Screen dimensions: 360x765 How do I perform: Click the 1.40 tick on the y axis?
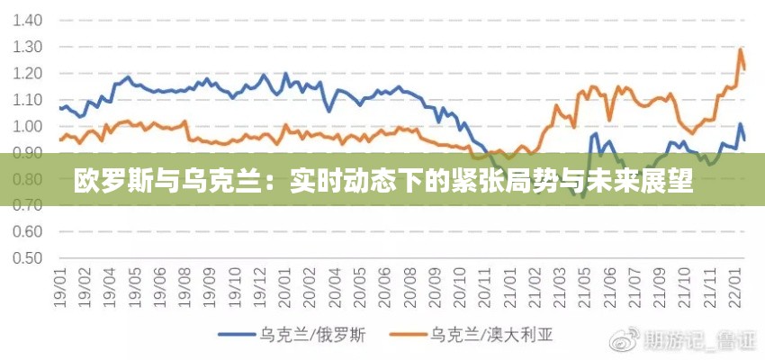[x=26, y=20]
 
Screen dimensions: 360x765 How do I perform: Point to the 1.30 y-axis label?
[x=26, y=47]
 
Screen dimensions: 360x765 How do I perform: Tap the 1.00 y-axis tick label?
[x=26, y=126]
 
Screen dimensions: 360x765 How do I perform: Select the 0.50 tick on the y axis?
[x=26, y=258]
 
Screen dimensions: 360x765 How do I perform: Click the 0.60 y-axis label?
[x=26, y=231]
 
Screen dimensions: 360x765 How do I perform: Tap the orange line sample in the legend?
[x=409, y=336]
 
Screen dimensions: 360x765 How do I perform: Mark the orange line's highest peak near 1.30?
[x=740, y=49]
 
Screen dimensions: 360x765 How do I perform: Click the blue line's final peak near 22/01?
[x=740, y=124]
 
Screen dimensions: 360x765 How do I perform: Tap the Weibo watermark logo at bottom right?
[x=624, y=340]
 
